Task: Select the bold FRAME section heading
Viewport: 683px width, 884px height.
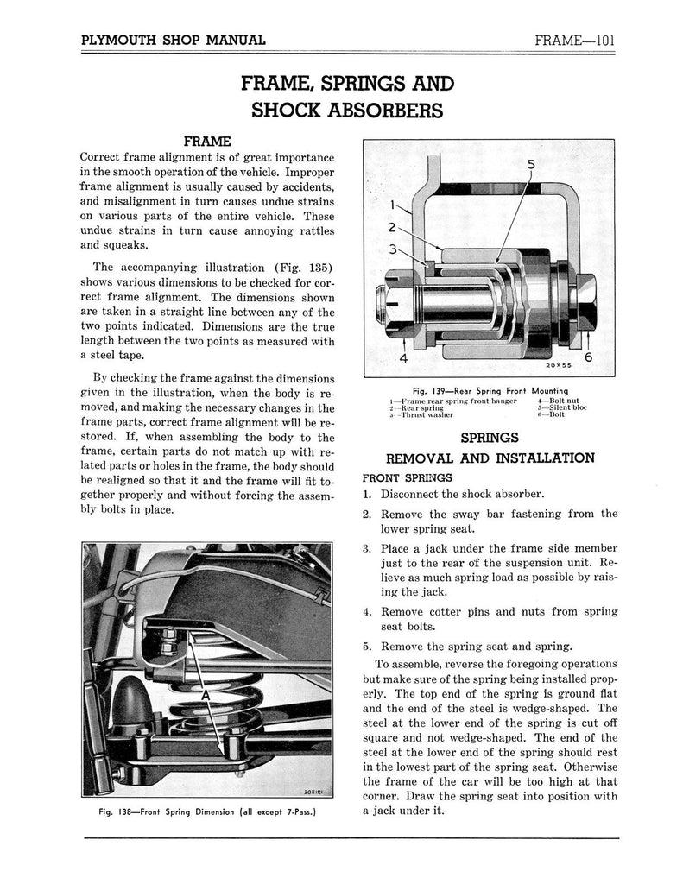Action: tap(207, 140)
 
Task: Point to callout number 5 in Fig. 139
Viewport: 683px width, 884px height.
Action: tap(530, 164)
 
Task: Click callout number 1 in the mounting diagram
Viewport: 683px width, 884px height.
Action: tap(393, 206)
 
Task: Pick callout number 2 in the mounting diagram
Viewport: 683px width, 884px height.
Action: tap(392, 229)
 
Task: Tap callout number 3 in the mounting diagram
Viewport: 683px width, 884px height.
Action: tap(392, 250)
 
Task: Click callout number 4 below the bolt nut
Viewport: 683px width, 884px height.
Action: tap(402, 357)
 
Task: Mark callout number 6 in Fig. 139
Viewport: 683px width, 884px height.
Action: tap(589, 357)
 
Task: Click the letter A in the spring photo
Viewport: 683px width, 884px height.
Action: tap(207, 695)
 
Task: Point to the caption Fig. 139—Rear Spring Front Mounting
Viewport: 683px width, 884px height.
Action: tap(489, 389)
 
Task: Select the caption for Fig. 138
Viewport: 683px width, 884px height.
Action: tap(207, 811)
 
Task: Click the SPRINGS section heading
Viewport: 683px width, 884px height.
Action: tap(490, 438)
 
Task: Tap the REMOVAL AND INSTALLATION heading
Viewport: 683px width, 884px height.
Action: tap(490, 458)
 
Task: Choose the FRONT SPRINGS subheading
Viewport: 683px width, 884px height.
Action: tap(407, 477)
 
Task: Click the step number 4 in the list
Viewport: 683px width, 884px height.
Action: tap(367, 612)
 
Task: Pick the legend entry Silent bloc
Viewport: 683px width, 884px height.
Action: tap(562, 407)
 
